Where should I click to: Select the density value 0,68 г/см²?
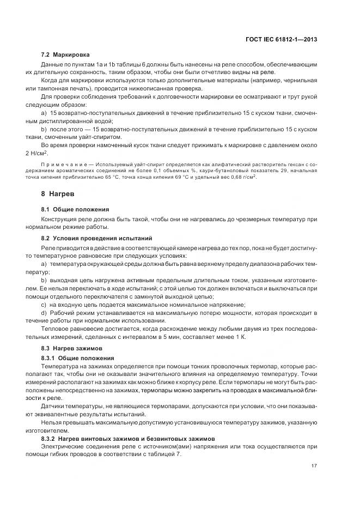[x=243, y=177]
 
